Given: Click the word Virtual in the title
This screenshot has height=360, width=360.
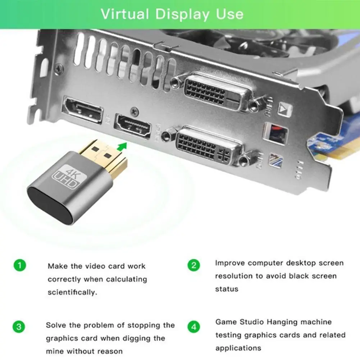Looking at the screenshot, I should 124,14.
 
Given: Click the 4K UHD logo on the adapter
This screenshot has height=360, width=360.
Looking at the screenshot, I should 66,177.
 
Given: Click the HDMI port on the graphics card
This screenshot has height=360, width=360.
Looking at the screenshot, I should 133,126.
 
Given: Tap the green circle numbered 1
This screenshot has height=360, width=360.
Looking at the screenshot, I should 20,266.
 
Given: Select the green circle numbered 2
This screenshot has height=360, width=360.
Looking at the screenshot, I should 193,266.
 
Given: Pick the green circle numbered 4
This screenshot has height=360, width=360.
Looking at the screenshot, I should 193,327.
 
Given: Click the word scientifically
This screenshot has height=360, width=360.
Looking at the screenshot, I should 73,292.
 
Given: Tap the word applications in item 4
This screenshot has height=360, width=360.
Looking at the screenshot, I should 238,348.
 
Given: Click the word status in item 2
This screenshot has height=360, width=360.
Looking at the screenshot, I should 227,289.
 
